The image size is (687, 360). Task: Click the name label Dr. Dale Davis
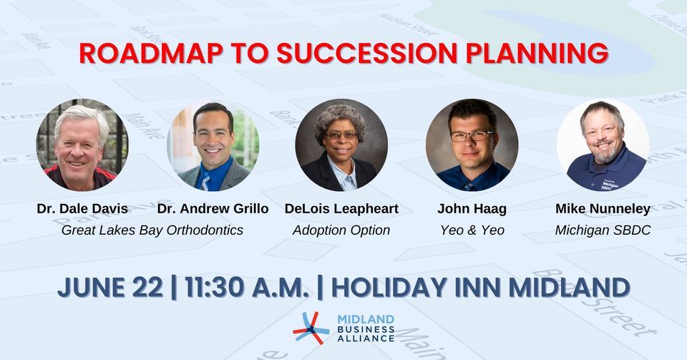click(82, 209)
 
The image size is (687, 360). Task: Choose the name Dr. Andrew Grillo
click(213, 209)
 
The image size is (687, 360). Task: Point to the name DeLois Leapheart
click(341, 209)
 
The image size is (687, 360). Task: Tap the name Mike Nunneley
click(603, 209)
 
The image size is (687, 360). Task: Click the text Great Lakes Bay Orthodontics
click(152, 230)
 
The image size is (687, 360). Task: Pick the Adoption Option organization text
click(341, 230)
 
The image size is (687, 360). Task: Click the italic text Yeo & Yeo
click(472, 230)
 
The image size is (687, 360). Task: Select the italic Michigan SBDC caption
click(603, 230)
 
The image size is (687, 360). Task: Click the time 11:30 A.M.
click(247, 287)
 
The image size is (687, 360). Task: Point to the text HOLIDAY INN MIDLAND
click(480, 287)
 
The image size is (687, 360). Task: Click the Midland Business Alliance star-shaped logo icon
click(311, 329)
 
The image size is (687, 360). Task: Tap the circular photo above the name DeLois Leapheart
click(341, 145)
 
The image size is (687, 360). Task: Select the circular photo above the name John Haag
click(472, 145)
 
